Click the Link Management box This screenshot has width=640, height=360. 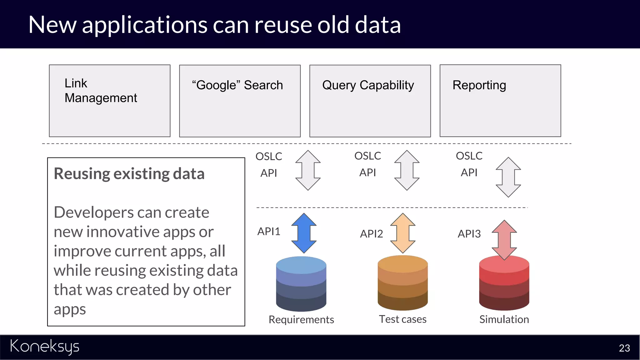(x=109, y=101)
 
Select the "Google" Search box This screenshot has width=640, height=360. (x=240, y=101)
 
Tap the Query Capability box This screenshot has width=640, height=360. (x=370, y=101)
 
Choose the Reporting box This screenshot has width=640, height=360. (x=500, y=101)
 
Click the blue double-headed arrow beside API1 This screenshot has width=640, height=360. (x=304, y=233)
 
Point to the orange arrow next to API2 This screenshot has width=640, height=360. (x=403, y=233)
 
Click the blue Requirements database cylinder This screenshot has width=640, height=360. (x=301, y=284)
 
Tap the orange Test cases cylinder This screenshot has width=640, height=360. (x=402, y=283)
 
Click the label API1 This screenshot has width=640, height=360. (x=269, y=232)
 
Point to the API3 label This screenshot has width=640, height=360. (x=469, y=234)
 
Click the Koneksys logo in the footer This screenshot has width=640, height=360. (x=45, y=347)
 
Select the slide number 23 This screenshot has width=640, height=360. (x=624, y=348)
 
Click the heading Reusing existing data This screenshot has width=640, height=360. (x=129, y=174)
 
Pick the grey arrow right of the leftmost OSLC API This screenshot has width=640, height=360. (x=308, y=170)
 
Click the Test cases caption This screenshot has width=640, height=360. (x=402, y=319)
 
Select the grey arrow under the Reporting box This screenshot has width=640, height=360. (x=508, y=177)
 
